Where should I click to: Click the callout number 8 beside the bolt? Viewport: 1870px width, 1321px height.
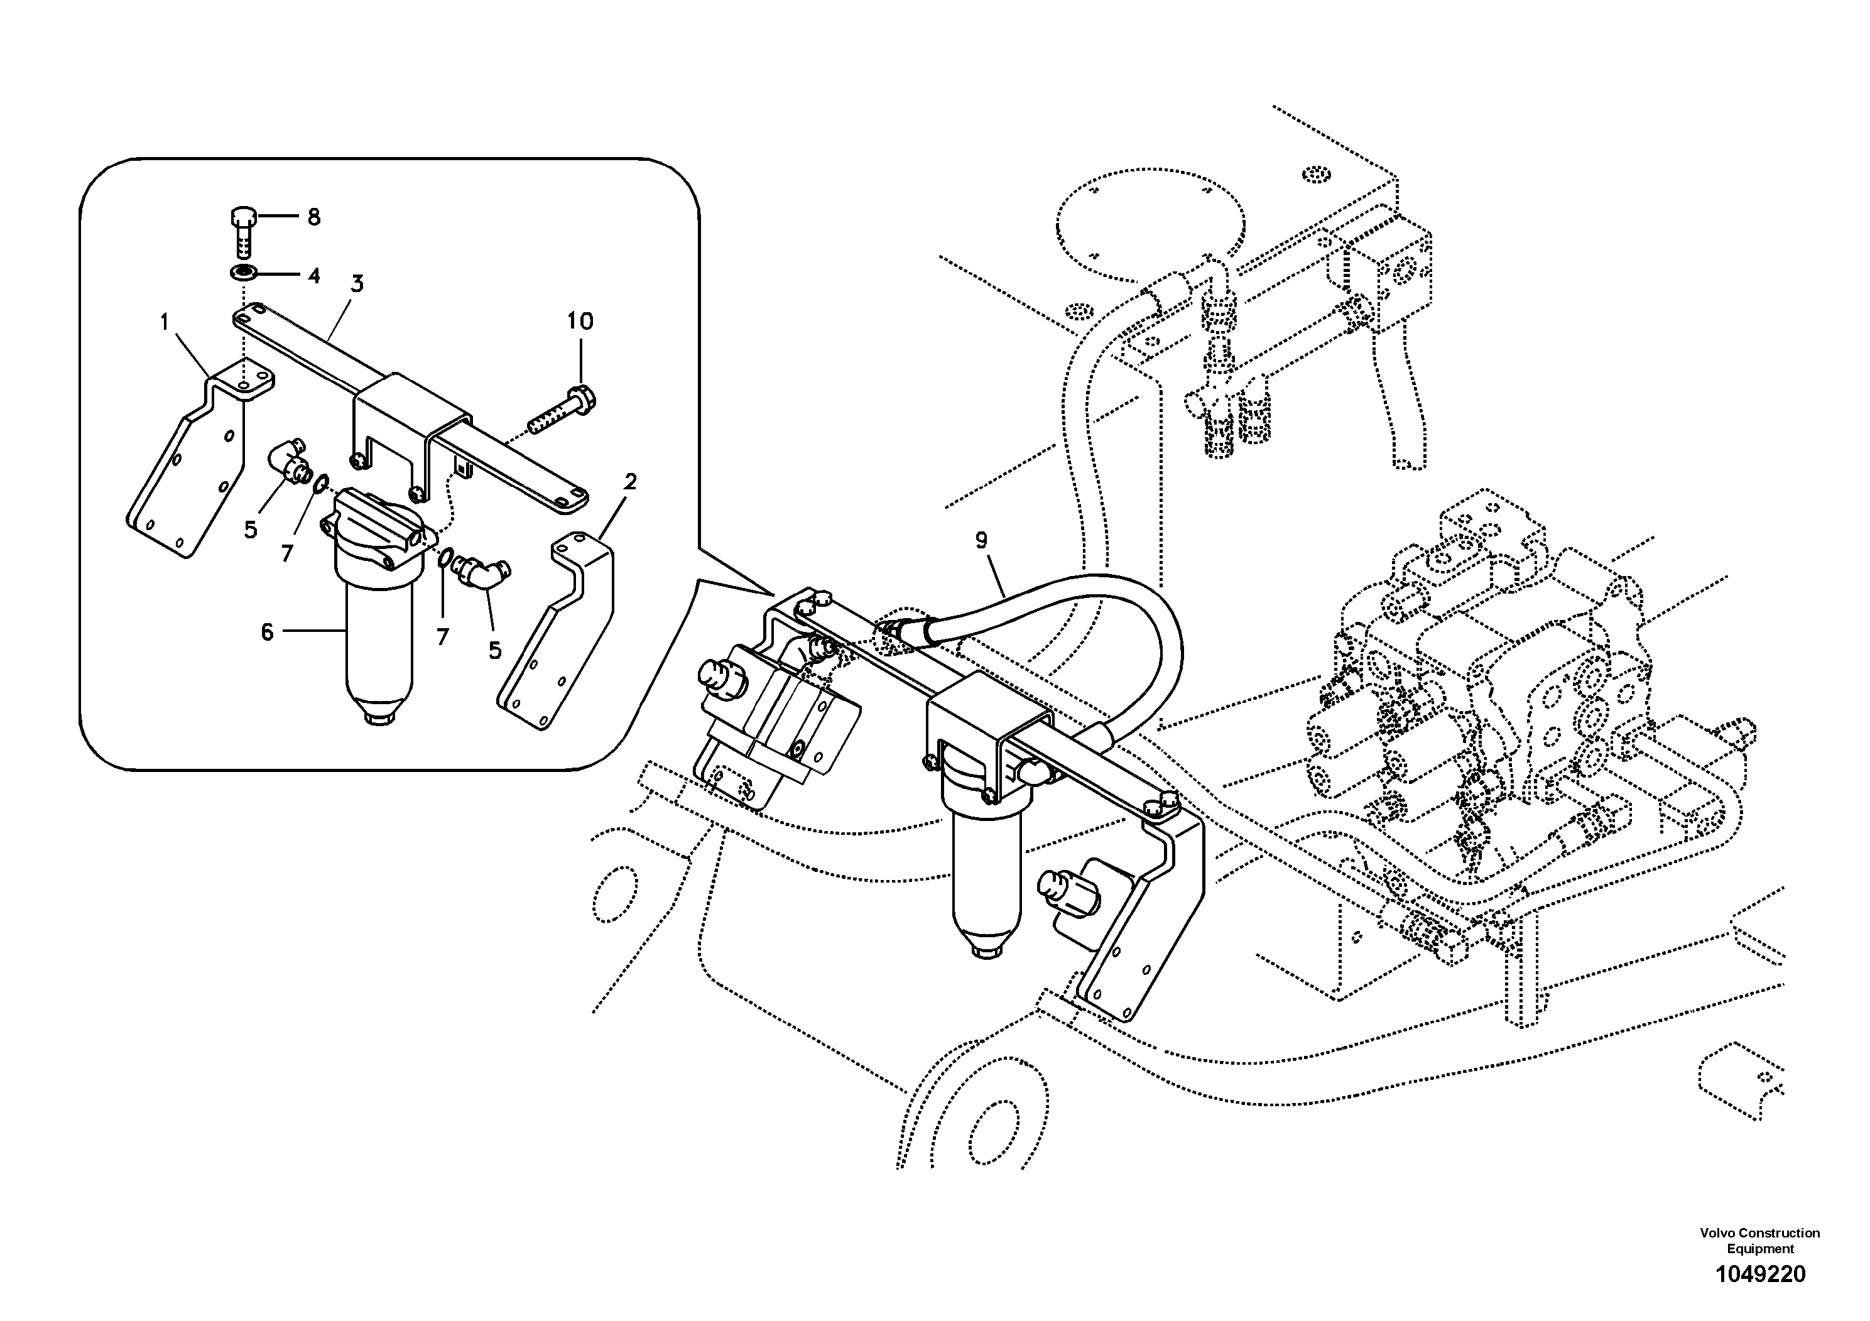click(x=313, y=217)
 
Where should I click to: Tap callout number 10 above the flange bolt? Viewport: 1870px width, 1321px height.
click(x=580, y=321)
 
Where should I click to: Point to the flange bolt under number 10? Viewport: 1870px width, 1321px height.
click(x=563, y=412)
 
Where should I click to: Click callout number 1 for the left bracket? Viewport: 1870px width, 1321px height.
click(x=165, y=322)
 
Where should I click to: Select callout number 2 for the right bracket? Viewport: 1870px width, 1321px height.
click(x=629, y=482)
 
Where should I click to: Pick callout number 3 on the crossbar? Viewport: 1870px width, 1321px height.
click(x=357, y=284)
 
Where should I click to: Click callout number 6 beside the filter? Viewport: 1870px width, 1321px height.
click(x=267, y=632)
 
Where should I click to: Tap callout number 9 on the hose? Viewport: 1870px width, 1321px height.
click(x=981, y=540)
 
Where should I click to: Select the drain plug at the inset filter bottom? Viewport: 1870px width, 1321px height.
click(x=379, y=719)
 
